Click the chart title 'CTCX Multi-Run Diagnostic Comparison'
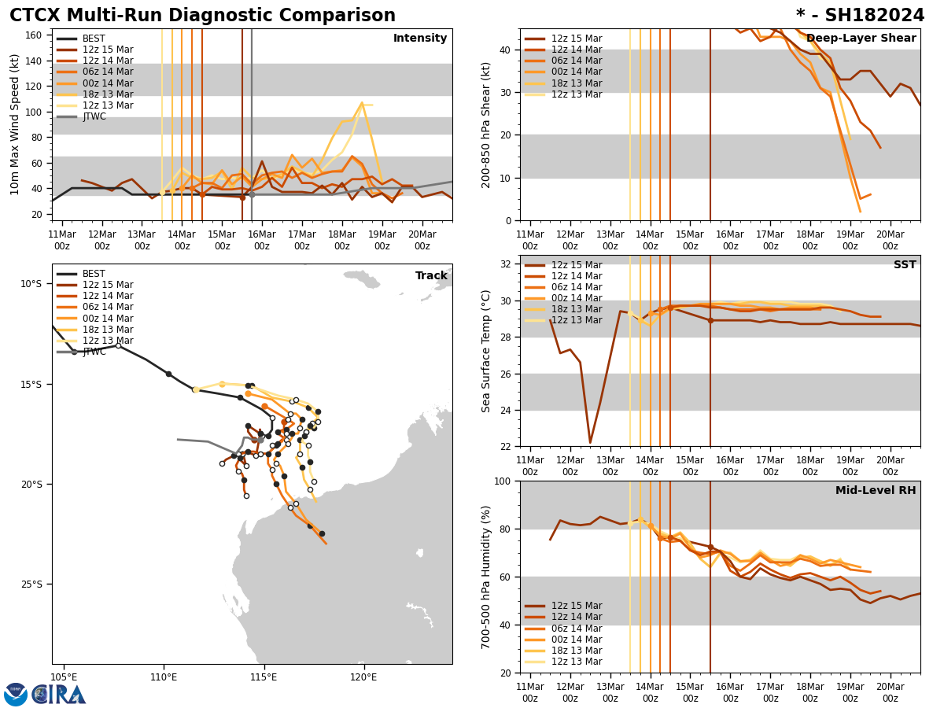[202, 16]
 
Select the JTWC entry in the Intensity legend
[94, 116]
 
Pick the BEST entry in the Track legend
[94, 274]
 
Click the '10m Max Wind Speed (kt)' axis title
[15, 124]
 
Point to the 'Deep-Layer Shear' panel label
[861, 39]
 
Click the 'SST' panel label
[904, 265]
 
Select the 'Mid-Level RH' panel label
[875, 491]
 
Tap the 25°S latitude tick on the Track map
[31, 584]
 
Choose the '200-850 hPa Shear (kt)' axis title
[486, 124]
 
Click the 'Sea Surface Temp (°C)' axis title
[486, 351]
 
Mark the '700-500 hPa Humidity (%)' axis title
[486, 577]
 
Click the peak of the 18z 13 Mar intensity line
[362, 103]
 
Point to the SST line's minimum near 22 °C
[590, 442]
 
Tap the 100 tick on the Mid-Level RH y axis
[503, 481]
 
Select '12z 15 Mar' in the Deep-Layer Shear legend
[576, 39]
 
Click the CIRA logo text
[59, 695]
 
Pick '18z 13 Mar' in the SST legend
[576, 309]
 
